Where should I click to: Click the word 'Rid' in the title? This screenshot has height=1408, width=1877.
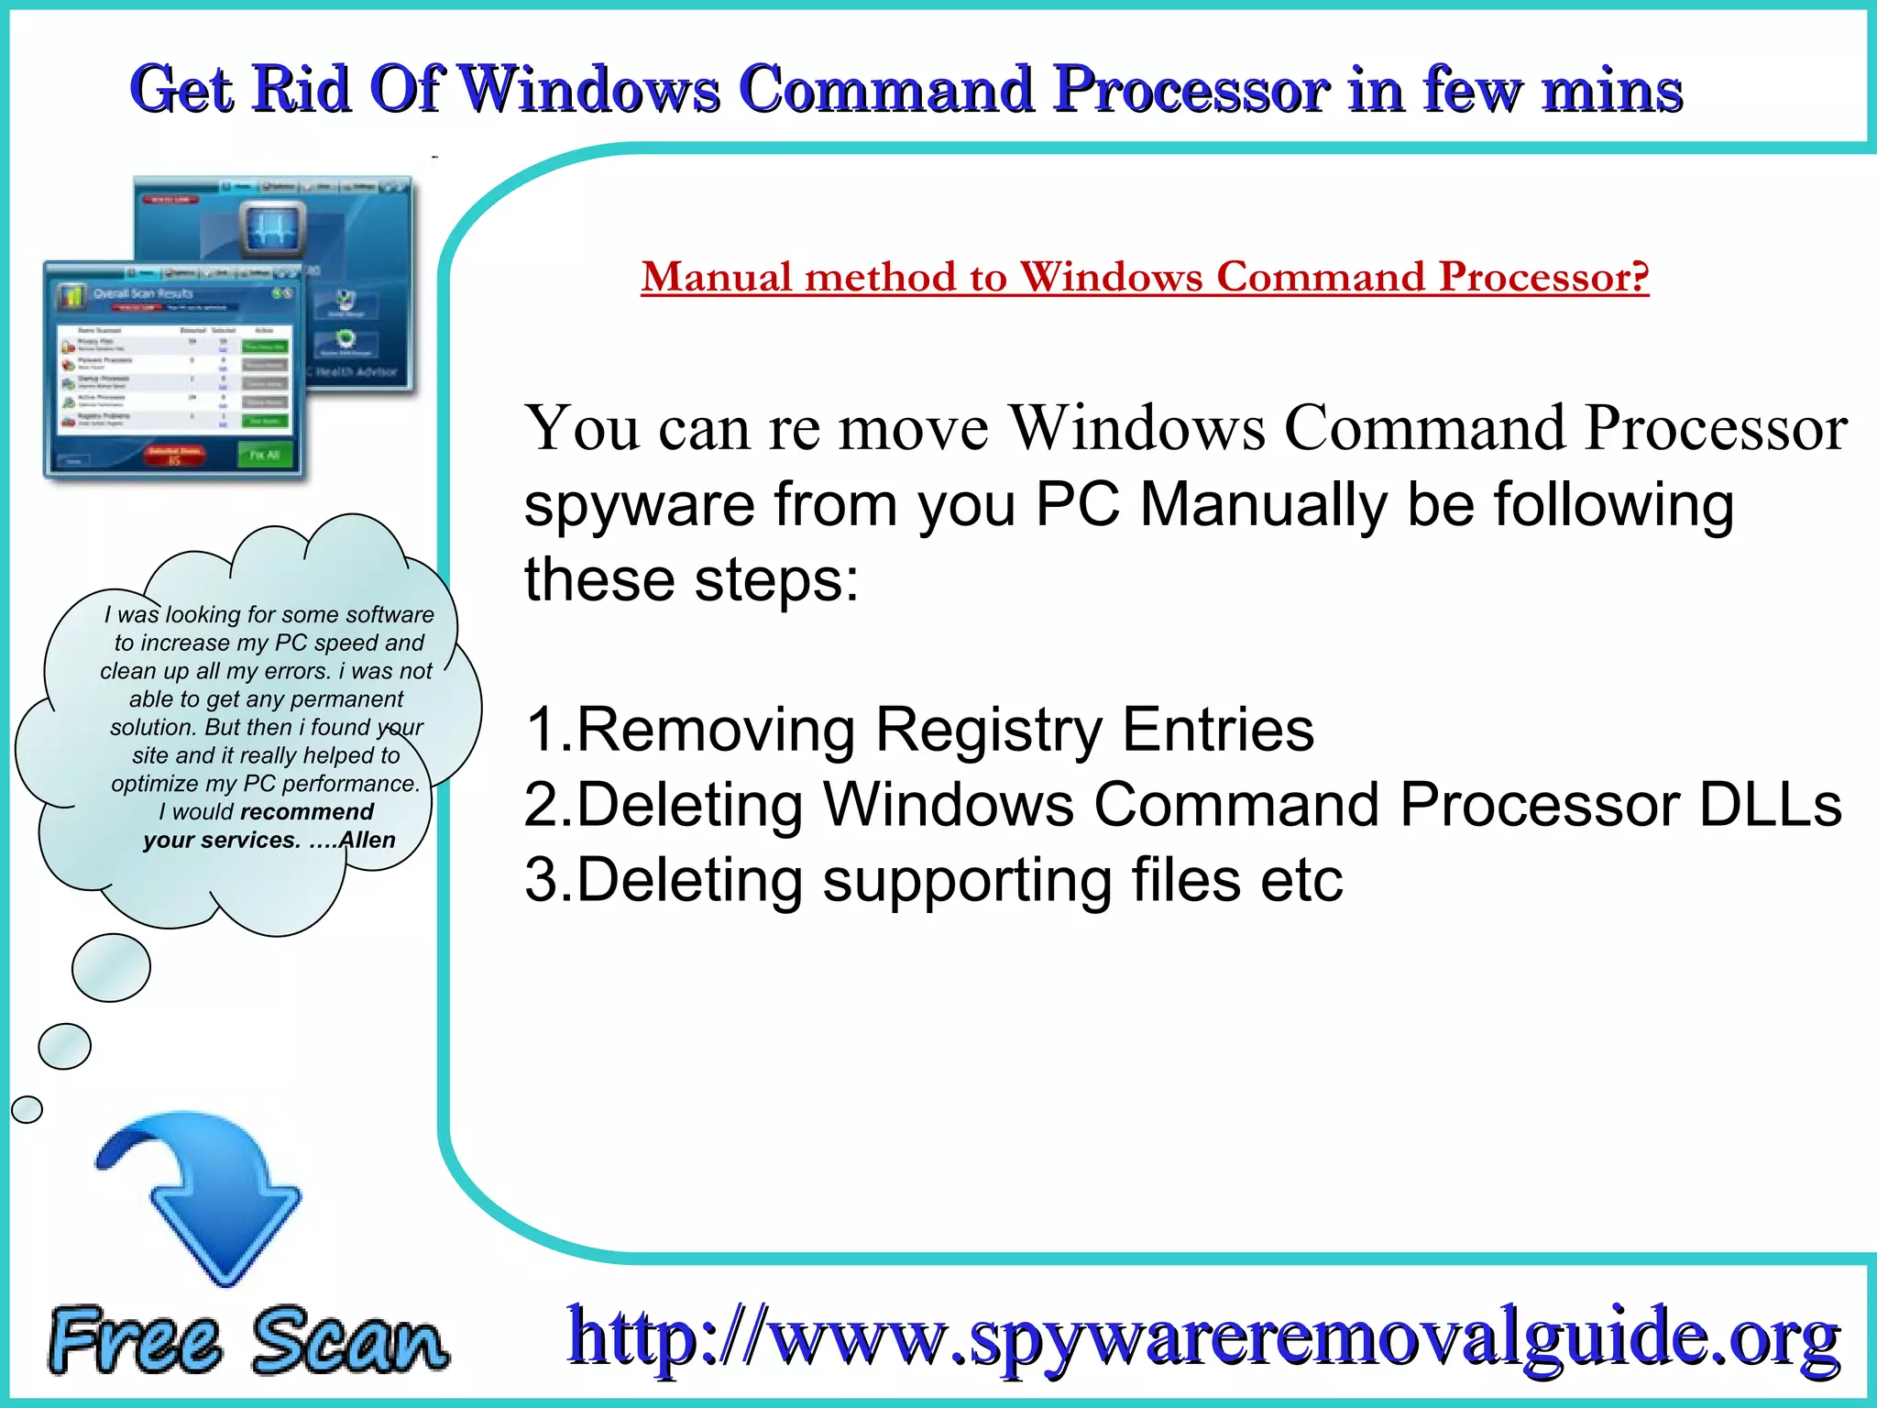[x=302, y=90]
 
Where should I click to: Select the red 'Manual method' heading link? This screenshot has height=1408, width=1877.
[x=1145, y=277]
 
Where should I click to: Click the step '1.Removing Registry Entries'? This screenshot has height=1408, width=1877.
[x=919, y=730]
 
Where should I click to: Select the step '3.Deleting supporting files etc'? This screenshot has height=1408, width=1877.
[x=933, y=880]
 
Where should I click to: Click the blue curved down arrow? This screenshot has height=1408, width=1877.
[x=207, y=1192]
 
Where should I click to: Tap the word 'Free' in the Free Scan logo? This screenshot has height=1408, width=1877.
[x=135, y=1340]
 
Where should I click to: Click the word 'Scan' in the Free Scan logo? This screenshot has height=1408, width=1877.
[x=350, y=1340]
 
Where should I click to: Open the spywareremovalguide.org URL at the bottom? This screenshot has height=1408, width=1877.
[x=1203, y=1336]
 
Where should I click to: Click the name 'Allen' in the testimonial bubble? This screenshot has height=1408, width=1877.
[x=367, y=841]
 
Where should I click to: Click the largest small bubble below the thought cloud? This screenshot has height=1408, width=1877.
[x=111, y=967]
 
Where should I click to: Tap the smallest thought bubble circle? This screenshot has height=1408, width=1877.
[x=27, y=1109]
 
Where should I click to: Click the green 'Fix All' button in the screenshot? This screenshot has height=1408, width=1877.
[x=265, y=455]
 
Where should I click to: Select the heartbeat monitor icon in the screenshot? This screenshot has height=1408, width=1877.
[x=273, y=228]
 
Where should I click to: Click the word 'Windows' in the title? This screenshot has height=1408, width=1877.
[x=589, y=90]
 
